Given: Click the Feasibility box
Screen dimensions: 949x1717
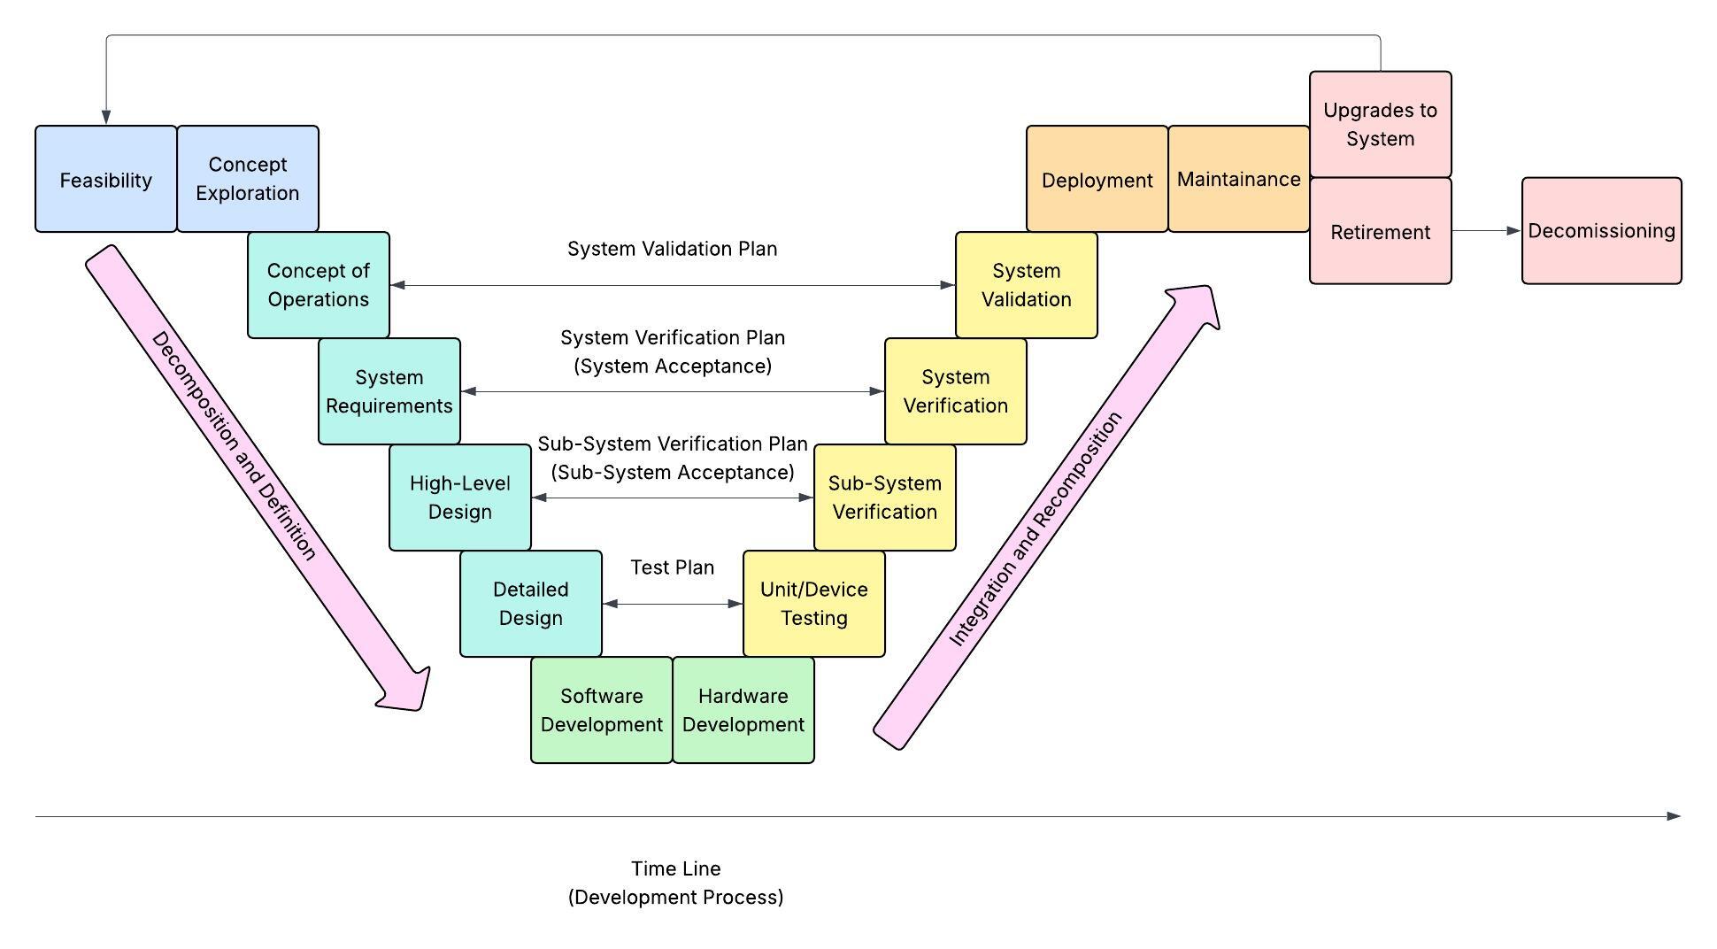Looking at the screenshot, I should coord(106,179).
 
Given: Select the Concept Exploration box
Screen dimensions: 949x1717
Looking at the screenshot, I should coord(248,179).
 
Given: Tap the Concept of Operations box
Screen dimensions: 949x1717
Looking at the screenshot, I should coord(319,285).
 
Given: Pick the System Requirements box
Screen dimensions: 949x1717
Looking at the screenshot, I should coord(389,391).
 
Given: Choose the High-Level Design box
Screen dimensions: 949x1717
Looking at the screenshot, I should coord(460,498).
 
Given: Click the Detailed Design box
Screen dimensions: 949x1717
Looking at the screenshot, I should coord(531,604).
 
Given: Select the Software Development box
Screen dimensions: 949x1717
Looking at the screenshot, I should coord(602,710).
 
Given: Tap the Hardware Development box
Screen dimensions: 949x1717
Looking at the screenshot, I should coord(743,710).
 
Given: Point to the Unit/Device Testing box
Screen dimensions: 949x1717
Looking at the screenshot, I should coord(814,604).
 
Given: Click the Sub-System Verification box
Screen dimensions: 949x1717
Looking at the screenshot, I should coord(885,498).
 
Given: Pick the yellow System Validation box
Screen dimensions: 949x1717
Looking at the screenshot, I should coord(1027,285).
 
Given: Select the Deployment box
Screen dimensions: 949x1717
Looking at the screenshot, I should coord(1097,179).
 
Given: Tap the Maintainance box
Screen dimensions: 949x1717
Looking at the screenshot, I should coord(1239,179).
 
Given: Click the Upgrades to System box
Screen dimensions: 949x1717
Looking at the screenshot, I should coord(1381,124).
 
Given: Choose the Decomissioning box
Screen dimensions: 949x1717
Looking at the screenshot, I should coord(1602,230).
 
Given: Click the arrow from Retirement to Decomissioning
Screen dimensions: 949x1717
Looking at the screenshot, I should coord(1487,231).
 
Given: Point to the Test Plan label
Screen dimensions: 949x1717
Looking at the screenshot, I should coord(673,567).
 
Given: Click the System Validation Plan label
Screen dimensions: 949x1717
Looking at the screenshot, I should coord(673,249).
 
